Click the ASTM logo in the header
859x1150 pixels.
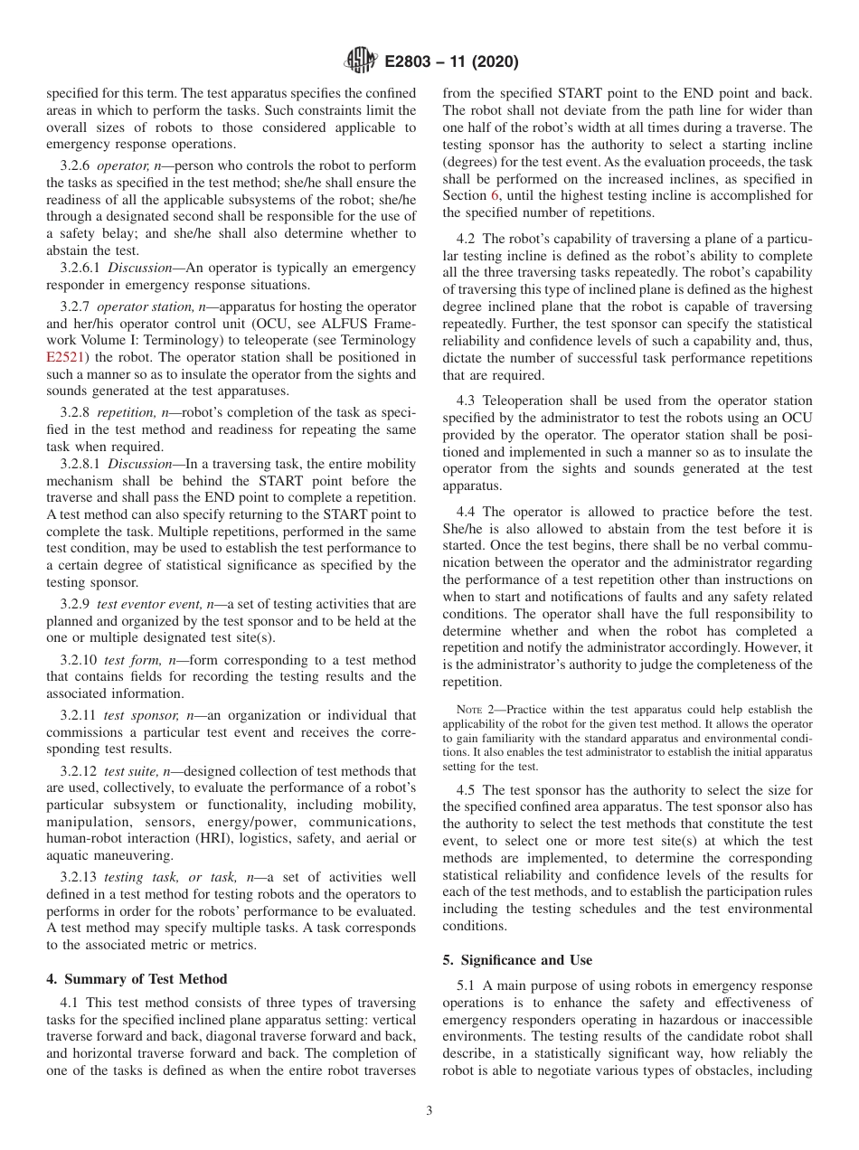[x=361, y=61]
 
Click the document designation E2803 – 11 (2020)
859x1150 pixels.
[x=451, y=62]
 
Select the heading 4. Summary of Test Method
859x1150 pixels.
[x=137, y=978]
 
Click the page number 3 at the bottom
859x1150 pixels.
[x=429, y=1111]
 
